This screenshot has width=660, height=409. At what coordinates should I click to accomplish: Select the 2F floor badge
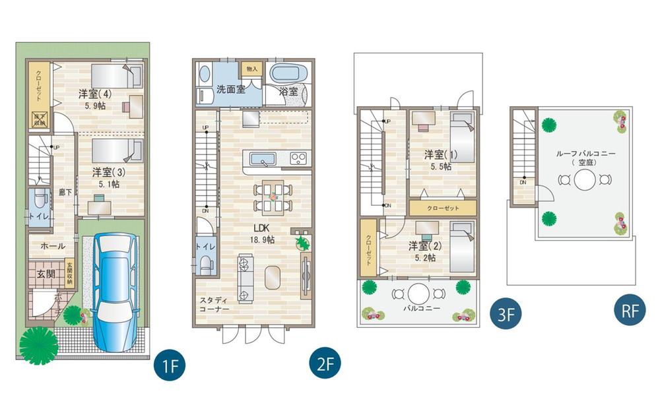coord(323,364)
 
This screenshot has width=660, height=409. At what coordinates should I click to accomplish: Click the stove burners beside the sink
coord(298,158)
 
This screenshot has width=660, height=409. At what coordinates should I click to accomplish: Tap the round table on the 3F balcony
coord(418,293)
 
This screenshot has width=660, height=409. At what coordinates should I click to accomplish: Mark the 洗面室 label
coord(231,89)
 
